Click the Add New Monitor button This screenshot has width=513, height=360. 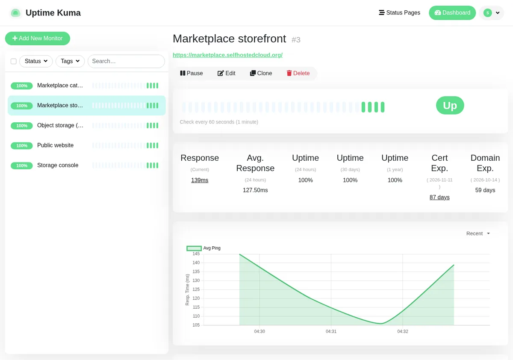(x=38, y=38)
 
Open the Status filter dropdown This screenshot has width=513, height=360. (x=36, y=61)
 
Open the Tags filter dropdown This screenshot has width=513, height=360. (x=70, y=61)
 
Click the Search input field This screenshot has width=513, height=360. (x=126, y=61)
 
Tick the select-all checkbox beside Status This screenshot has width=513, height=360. (x=14, y=62)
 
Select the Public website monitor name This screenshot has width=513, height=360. (x=55, y=145)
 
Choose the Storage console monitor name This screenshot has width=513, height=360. (x=58, y=165)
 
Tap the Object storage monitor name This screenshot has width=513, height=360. (x=60, y=125)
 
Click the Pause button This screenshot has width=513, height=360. (x=192, y=73)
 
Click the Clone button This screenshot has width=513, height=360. (x=261, y=73)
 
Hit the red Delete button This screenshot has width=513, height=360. (x=298, y=73)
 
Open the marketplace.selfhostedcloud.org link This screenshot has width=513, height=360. (x=227, y=55)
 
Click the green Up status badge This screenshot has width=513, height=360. (x=450, y=105)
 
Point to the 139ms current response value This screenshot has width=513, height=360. (x=200, y=180)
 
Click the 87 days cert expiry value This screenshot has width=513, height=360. (x=439, y=197)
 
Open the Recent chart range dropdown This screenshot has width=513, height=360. (x=478, y=233)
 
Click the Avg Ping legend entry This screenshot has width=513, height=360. (x=203, y=248)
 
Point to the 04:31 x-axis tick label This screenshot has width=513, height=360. (x=331, y=331)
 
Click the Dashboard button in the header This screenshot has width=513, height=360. (x=452, y=12)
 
